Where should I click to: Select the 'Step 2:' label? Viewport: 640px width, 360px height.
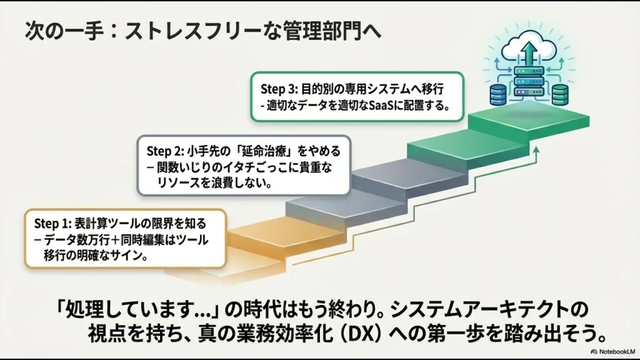[166, 151]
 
